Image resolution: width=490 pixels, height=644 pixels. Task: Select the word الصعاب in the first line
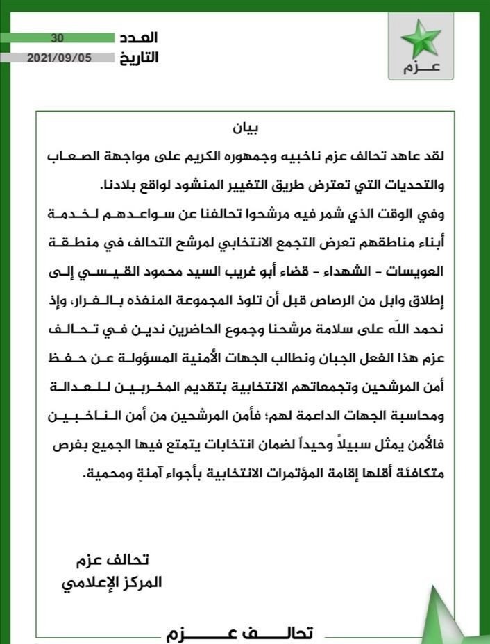coord(67,157)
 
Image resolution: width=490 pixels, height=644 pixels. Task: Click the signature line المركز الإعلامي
coord(110,582)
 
